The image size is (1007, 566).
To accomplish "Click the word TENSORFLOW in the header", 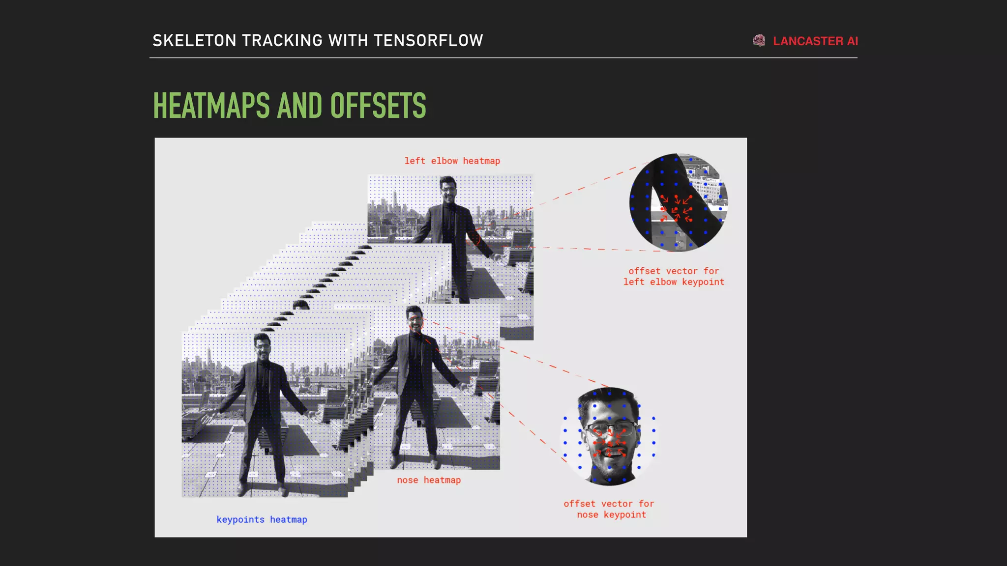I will [x=428, y=40].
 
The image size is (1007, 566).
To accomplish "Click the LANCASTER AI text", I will [x=815, y=41].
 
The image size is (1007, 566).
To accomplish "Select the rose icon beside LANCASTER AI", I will [x=759, y=41].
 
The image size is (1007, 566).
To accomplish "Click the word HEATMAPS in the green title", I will [x=211, y=106].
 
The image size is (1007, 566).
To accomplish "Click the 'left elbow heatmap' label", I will [x=452, y=161].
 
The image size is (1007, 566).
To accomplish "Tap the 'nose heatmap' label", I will [x=429, y=480].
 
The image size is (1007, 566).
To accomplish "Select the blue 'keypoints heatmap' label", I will [x=262, y=519].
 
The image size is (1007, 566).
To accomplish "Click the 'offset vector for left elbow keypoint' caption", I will [x=674, y=276].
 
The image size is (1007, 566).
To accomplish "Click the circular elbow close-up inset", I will [x=679, y=202].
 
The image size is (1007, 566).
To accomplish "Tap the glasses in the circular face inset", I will [x=610, y=427].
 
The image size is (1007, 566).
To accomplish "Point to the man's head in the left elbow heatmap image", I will [x=448, y=189].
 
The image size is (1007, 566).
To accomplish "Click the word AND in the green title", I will [x=300, y=106].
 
